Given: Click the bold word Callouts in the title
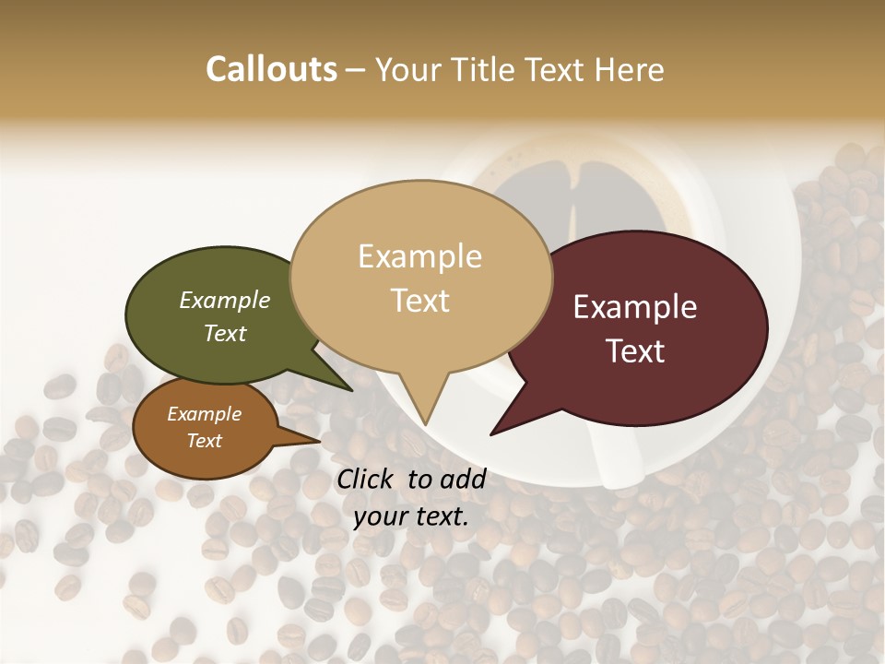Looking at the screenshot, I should coord(271,69).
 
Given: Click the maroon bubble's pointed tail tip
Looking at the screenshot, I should coord(492,433).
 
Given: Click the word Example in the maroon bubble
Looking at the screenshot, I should coord(635,307).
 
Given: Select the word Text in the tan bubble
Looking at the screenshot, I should coord(420,300).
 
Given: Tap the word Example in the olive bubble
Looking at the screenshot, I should coord(224,300).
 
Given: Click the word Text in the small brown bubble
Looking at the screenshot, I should coord(204,441).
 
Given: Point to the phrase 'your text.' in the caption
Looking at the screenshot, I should coord(411,516).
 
